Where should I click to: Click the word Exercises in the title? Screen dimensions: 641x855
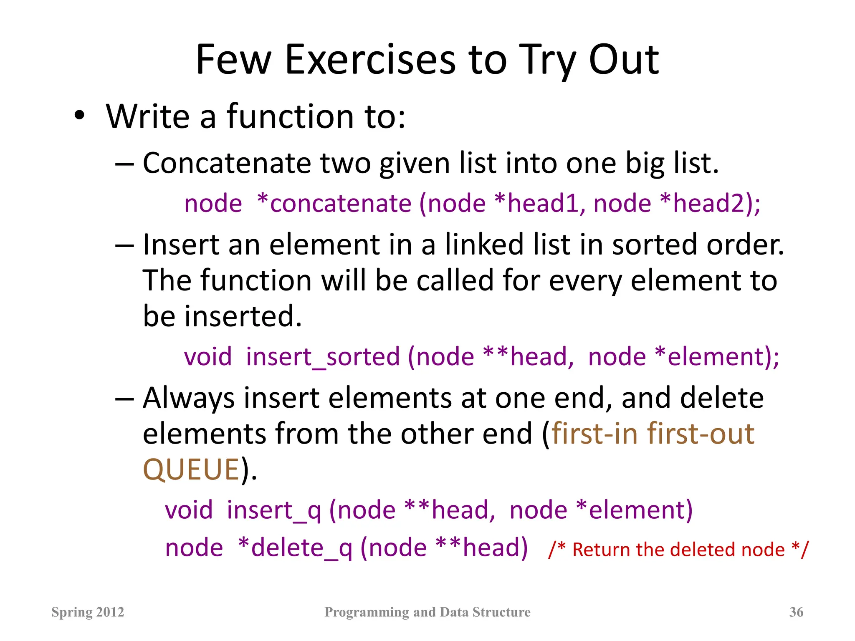pyautogui.click(x=371, y=61)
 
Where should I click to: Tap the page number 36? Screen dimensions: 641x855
pyautogui.click(x=796, y=612)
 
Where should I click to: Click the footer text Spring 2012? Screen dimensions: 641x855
pyautogui.click(x=88, y=612)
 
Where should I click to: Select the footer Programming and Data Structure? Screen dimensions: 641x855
pyautogui.click(x=427, y=612)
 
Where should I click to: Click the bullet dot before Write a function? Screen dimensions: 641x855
pyautogui.click(x=79, y=116)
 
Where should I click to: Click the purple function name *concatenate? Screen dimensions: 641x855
pyautogui.click(x=334, y=204)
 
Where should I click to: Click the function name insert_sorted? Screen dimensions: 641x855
pyautogui.click(x=323, y=357)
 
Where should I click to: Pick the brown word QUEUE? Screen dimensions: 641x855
pyautogui.click(x=191, y=470)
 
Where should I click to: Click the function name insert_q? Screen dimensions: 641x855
pyautogui.click(x=274, y=511)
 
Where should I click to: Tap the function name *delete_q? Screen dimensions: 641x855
pyautogui.click(x=295, y=548)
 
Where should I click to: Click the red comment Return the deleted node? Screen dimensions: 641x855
pyautogui.click(x=678, y=550)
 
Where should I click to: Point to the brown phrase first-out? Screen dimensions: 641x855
pyautogui.click(x=701, y=434)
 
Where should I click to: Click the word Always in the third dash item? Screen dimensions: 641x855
pyautogui.click(x=189, y=399)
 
